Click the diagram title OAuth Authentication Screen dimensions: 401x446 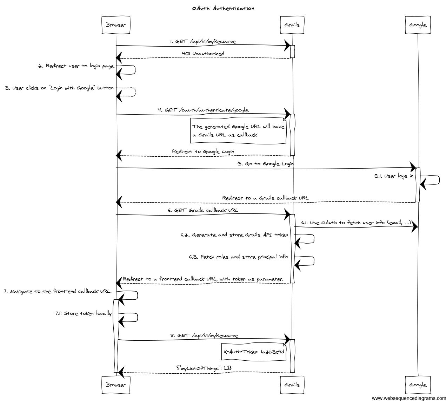[223, 8]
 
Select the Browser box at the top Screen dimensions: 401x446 [115, 25]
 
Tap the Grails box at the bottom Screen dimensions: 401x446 [292, 385]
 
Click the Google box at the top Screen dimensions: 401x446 [418, 25]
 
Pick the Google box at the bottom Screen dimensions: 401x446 [418, 385]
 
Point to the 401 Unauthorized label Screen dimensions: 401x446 [203, 53]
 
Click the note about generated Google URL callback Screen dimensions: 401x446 [238, 130]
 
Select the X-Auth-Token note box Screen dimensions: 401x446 [254, 352]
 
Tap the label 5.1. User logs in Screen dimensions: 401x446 [393, 176]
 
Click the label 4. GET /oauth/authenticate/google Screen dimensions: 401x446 [203, 110]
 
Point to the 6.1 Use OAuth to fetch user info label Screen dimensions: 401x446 [355, 222]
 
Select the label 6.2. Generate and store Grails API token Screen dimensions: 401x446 [234, 235]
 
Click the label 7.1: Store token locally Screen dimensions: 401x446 [83, 313]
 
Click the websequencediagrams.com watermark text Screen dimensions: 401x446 [408, 398]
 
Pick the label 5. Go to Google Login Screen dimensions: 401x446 [265, 164]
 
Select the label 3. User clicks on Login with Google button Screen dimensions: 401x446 [59, 88]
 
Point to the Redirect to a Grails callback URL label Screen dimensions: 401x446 [265, 198]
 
